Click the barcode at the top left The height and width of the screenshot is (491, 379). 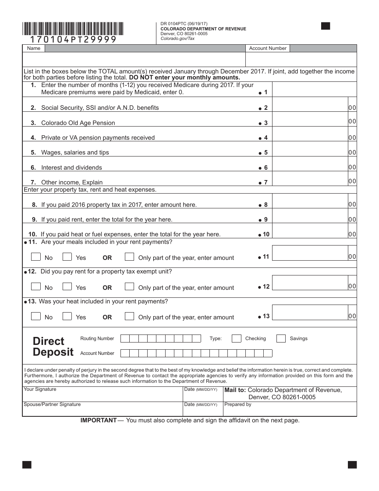[73, 29]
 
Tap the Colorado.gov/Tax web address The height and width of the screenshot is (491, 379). [178, 39]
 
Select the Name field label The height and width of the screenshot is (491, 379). [34, 48]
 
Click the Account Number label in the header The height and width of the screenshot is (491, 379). [268, 48]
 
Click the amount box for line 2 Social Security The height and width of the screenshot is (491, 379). [310, 105]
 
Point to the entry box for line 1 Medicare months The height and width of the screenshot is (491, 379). [314, 89]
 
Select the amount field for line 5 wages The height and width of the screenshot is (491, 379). [310, 149]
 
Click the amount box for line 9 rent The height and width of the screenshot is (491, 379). [310, 216]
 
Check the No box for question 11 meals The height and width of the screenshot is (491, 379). [36, 257]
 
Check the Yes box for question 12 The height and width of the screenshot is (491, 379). [67, 286]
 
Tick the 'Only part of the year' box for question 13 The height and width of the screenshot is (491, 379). [129, 316]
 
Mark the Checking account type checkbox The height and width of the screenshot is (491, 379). [237, 339]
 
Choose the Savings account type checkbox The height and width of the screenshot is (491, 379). [281, 339]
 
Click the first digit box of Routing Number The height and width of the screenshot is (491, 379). [125, 339]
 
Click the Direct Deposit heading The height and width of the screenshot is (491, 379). [53, 346]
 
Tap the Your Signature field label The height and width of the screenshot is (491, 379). [40, 389]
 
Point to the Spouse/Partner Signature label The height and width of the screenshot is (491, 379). [52, 404]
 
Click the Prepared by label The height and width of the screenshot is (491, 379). [238, 404]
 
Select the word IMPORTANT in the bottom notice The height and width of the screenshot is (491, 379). [99, 420]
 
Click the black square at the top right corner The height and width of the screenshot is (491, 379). [326, 26]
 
